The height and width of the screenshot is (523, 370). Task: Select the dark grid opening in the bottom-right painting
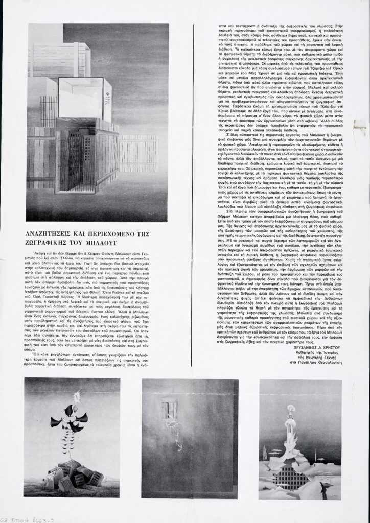pyautogui.click(x=291, y=478)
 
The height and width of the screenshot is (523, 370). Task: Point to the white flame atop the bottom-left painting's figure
pyautogui.click(x=78, y=397)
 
